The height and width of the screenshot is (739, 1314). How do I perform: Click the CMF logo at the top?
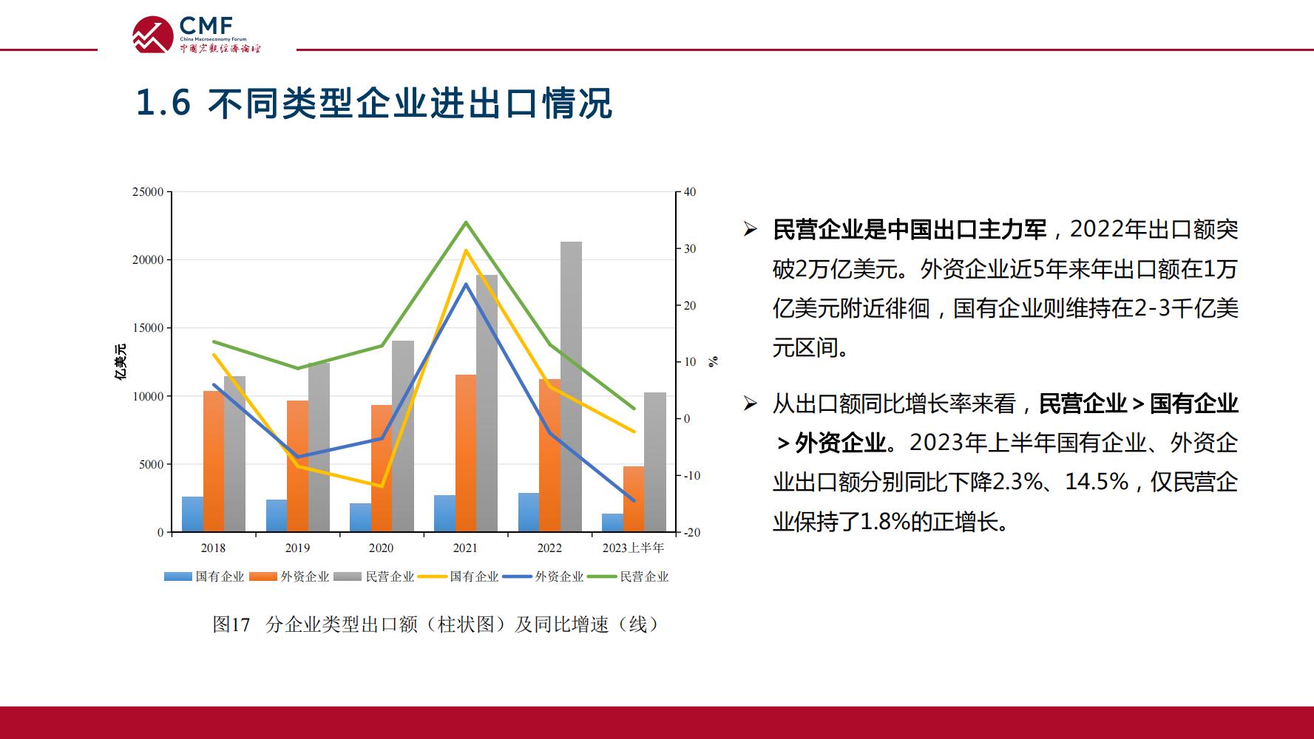click(197, 34)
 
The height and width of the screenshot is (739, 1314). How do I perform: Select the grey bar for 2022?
click(571, 386)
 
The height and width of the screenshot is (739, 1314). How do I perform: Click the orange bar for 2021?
click(466, 453)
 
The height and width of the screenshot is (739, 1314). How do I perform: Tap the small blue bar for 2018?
click(192, 514)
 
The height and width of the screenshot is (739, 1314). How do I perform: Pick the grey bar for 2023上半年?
click(655, 462)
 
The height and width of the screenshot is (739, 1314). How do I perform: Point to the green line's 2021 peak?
click(466, 222)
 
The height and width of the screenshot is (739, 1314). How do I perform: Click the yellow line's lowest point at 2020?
click(382, 486)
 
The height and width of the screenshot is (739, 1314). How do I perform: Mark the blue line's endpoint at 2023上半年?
click(634, 501)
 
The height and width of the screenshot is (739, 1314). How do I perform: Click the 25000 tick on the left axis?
click(148, 192)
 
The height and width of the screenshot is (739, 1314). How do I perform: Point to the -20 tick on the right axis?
click(691, 532)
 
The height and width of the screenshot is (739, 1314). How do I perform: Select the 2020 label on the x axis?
click(382, 548)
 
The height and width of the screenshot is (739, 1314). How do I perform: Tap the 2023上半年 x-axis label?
click(634, 548)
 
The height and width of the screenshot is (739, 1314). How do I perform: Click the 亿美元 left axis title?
click(120, 362)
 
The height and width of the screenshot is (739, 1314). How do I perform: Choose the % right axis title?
click(713, 361)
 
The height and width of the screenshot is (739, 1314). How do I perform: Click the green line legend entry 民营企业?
click(629, 576)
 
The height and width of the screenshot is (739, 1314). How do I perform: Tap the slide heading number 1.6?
click(163, 103)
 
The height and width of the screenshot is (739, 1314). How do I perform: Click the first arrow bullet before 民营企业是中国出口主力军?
click(751, 230)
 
